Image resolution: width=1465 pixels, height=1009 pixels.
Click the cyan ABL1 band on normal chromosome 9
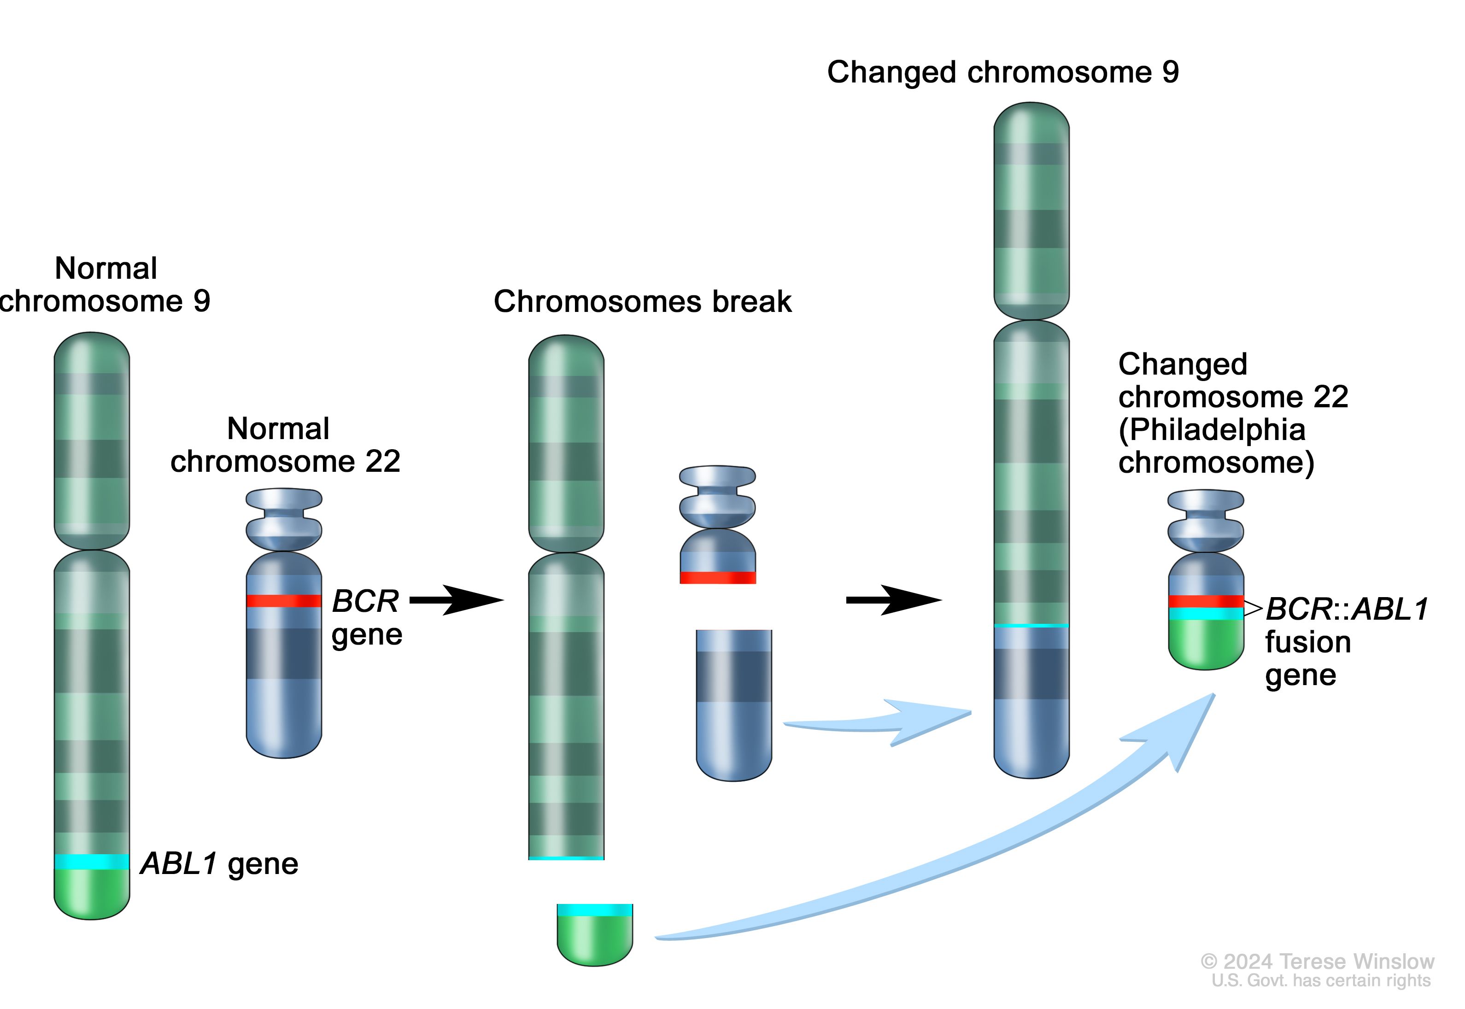[x=92, y=862]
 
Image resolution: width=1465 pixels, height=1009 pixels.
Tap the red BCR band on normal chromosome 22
[x=284, y=601]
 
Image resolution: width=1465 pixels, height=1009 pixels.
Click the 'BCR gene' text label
[x=367, y=617]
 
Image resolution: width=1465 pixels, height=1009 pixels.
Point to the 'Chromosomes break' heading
[x=642, y=302]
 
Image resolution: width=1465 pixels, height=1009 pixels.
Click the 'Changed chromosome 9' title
[x=1002, y=72]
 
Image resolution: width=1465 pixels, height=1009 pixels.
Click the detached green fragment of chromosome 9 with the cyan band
[x=595, y=936]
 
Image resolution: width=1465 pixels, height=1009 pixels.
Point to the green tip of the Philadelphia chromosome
[x=1206, y=645]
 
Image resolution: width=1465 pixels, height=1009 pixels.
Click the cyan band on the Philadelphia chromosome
[x=1206, y=614]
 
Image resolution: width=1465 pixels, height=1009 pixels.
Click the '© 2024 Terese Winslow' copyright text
[x=1318, y=962]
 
